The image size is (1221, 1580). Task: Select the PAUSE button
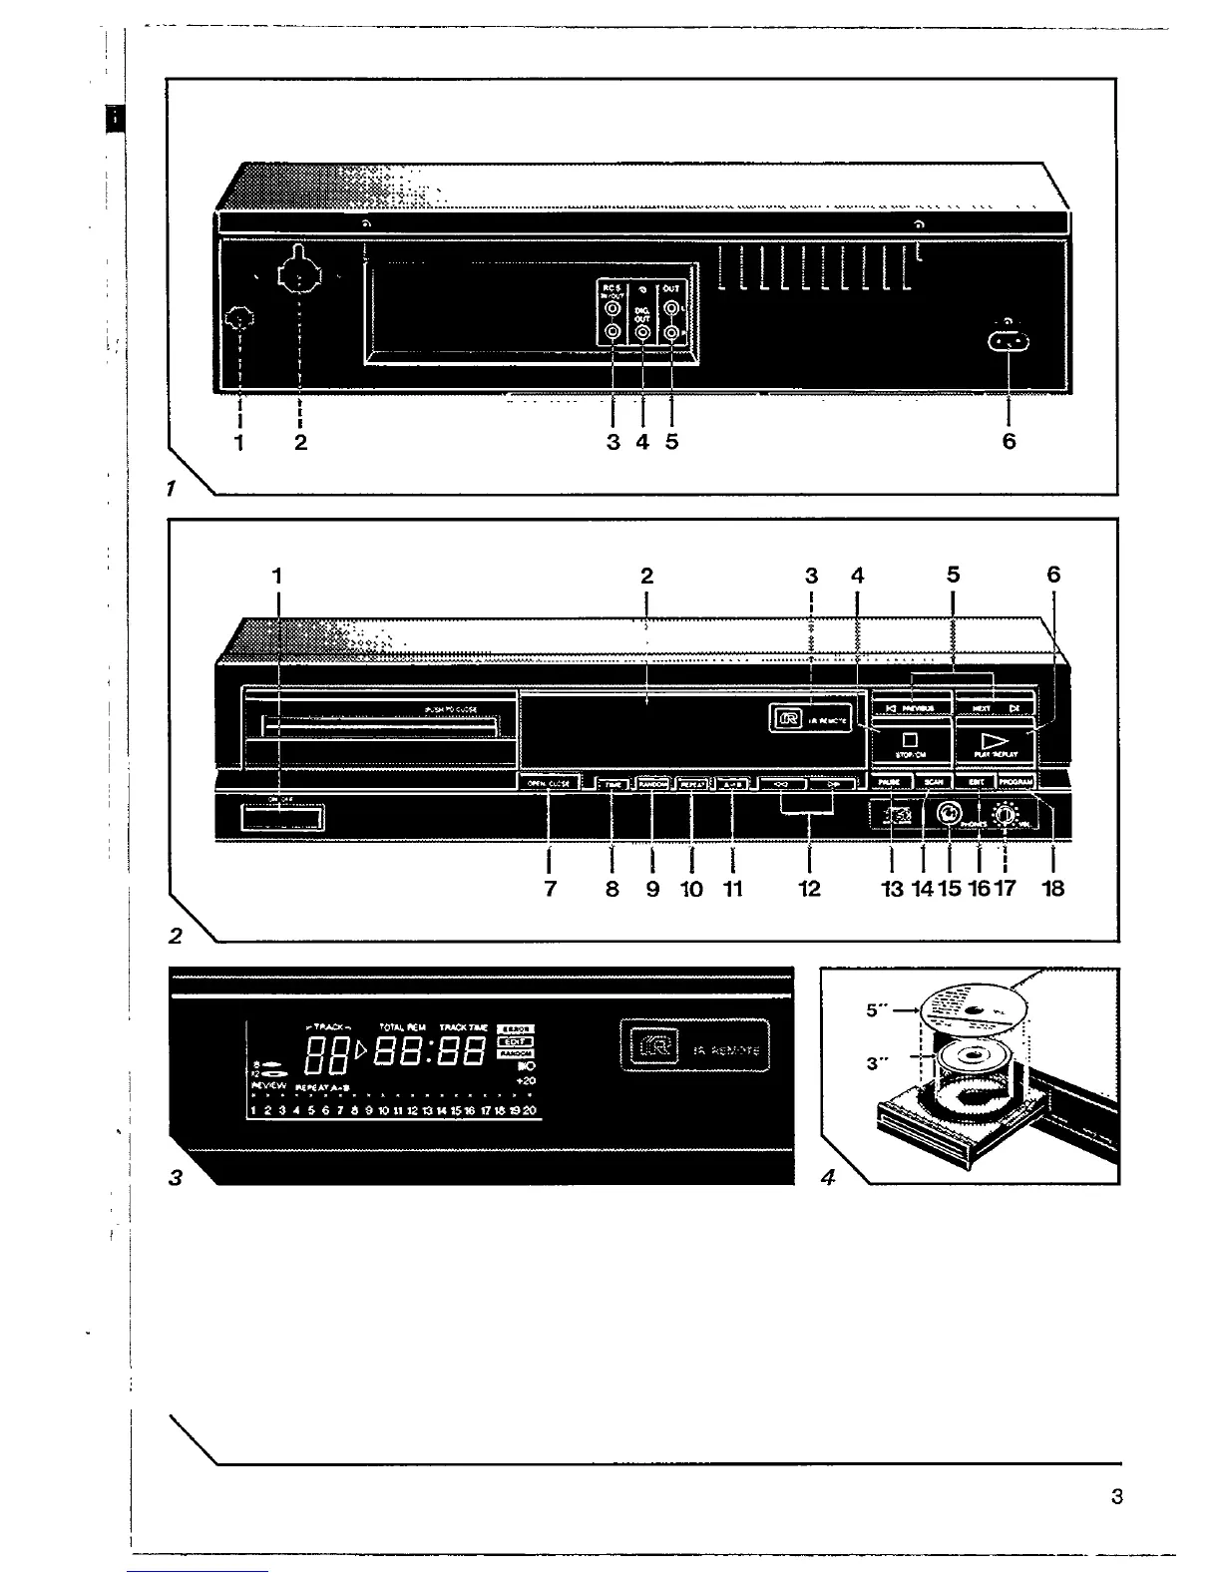pos(889,783)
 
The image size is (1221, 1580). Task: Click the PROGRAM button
pos(1015,783)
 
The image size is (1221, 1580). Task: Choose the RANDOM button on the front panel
pos(652,784)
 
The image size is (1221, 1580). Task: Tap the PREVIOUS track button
pos(910,707)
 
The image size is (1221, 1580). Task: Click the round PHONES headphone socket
pos(949,815)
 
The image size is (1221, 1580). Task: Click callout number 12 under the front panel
pos(809,888)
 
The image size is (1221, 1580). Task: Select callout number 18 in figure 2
pos(1053,888)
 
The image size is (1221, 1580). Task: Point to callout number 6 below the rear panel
pos(1009,441)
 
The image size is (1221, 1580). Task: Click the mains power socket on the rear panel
pos(1008,342)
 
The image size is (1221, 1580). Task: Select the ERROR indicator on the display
pos(516,1028)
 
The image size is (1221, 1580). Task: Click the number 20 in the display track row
pos(529,1110)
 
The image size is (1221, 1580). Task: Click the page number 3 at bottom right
pos(1116,1496)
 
